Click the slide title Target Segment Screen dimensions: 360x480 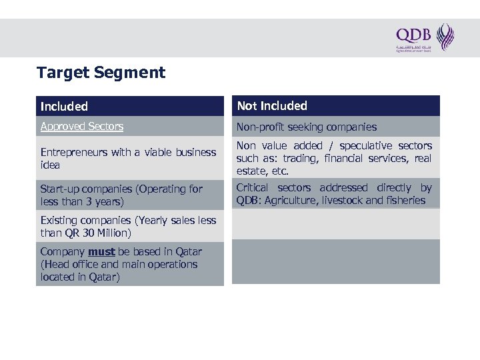pos(101,73)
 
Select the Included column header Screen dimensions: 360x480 pos(64,106)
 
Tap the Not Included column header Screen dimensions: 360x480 pos(272,106)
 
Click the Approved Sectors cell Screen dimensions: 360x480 pos(82,126)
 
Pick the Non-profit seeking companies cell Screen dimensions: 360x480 pos(307,127)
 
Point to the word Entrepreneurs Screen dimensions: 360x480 pos(74,152)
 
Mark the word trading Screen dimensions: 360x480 pos(299,158)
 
